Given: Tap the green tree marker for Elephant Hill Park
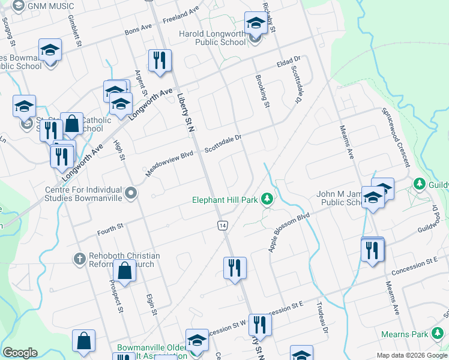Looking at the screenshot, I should point(268,200).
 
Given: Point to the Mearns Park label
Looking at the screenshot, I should point(403,334).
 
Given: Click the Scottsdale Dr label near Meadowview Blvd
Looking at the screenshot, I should point(223,142).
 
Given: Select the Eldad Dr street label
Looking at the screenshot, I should point(288,61).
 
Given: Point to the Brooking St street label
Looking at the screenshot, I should point(262,91).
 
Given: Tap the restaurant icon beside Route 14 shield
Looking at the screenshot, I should point(234,267).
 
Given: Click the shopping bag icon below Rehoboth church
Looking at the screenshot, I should point(124,271).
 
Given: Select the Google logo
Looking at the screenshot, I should point(20,353).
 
